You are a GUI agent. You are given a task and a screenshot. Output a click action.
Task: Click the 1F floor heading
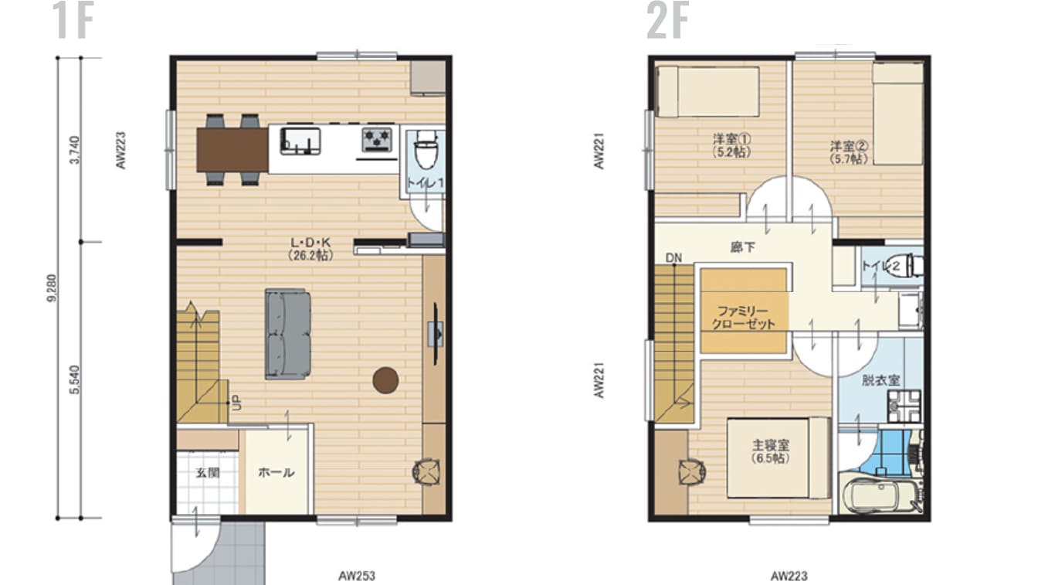[x=73, y=21]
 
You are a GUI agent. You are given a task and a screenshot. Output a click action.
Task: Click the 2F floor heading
[x=667, y=21]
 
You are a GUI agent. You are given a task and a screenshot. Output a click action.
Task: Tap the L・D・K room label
[x=311, y=247]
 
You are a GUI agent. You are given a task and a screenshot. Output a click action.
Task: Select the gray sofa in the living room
[x=288, y=334]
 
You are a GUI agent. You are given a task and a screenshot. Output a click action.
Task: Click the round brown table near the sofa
[x=385, y=379]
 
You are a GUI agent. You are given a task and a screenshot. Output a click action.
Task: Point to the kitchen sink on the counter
[x=300, y=139]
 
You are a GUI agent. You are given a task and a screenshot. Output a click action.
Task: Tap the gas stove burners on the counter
[x=378, y=139]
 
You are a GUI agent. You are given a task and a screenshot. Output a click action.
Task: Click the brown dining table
[x=232, y=149]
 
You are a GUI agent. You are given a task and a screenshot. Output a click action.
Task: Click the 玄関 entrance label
[x=204, y=472]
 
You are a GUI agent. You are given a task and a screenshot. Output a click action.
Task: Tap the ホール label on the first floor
[x=276, y=472]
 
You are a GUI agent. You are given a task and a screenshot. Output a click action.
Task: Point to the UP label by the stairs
[x=236, y=403]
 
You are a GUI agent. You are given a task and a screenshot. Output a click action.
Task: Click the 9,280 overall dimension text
[x=52, y=287]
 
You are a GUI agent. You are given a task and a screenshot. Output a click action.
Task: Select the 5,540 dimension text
[x=73, y=380]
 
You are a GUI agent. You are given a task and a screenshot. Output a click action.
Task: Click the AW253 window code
[x=357, y=576]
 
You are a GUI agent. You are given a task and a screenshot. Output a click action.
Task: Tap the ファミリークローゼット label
[x=745, y=316]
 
